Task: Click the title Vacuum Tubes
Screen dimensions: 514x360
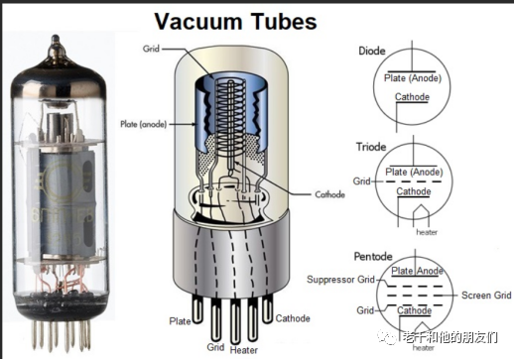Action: click(x=235, y=21)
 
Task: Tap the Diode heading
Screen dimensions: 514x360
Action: click(x=372, y=51)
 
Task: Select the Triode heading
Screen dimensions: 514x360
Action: click(x=371, y=147)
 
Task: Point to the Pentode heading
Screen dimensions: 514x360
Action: click(x=373, y=256)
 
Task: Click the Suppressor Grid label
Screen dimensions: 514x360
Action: click(x=340, y=280)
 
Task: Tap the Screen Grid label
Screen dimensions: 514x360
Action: click(x=486, y=295)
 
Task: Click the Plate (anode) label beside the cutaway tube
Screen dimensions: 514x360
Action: click(x=143, y=124)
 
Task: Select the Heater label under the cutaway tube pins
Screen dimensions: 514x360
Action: click(x=244, y=350)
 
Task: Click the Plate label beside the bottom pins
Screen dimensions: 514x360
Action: click(x=180, y=321)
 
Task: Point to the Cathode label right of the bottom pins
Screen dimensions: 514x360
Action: click(x=293, y=318)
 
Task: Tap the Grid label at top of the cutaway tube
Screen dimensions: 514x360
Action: click(x=151, y=49)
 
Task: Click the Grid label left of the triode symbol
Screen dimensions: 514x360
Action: click(x=361, y=181)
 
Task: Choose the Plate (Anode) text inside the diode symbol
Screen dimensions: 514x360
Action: click(x=413, y=78)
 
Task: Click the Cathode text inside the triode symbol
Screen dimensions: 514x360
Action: click(x=414, y=191)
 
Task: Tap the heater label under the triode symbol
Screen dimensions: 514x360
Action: click(x=427, y=232)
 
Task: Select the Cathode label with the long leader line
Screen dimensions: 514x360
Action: click(x=329, y=194)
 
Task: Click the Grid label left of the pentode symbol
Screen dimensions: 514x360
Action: click(x=365, y=310)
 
